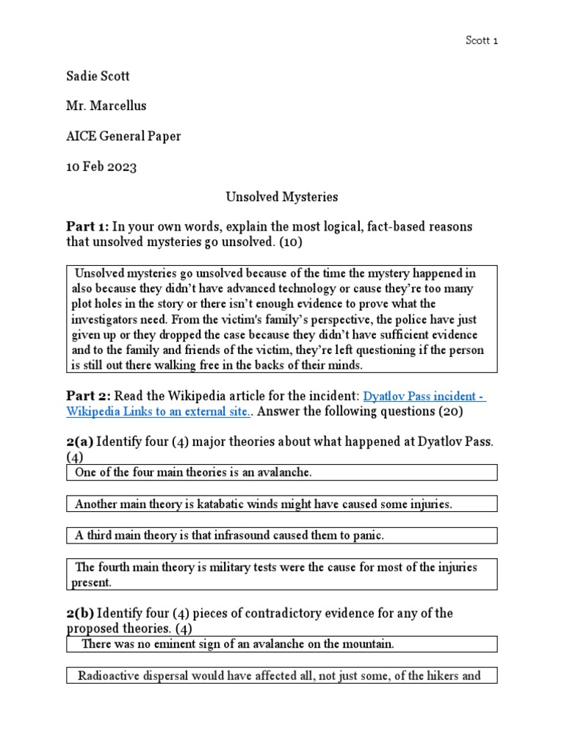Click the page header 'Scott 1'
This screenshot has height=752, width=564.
[x=482, y=40]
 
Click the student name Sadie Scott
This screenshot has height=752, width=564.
[x=99, y=75]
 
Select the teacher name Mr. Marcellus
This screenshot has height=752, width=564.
[x=106, y=106]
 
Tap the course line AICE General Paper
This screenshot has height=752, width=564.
[x=123, y=136]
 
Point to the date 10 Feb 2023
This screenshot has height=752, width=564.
[x=101, y=167]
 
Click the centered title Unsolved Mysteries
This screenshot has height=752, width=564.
[x=281, y=197]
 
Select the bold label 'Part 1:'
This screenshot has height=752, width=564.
[x=87, y=227]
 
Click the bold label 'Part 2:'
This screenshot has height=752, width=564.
[x=87, y=397]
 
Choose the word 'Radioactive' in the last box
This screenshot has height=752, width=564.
[x=107, y=676]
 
